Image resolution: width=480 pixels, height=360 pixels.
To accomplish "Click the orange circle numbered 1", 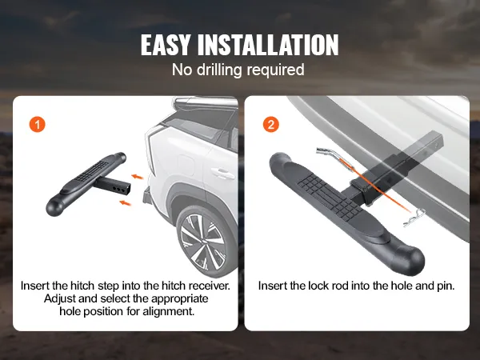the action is pos(37,125).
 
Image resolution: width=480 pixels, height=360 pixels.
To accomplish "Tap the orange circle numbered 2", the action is pos(271,125).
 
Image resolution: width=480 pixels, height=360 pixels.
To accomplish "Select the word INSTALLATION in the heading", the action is pos(268,45).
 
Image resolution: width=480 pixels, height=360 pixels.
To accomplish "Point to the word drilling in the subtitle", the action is pos(219,70).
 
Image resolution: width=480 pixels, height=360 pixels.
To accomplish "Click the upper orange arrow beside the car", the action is pos(138,177).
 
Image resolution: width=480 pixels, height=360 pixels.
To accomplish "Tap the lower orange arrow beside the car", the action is pos(126,202).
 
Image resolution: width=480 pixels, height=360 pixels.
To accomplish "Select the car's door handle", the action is pos(223,174).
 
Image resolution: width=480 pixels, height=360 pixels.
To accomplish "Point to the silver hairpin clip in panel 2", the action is pos(414,218).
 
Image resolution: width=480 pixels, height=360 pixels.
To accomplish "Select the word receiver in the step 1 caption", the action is pos(209,286).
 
